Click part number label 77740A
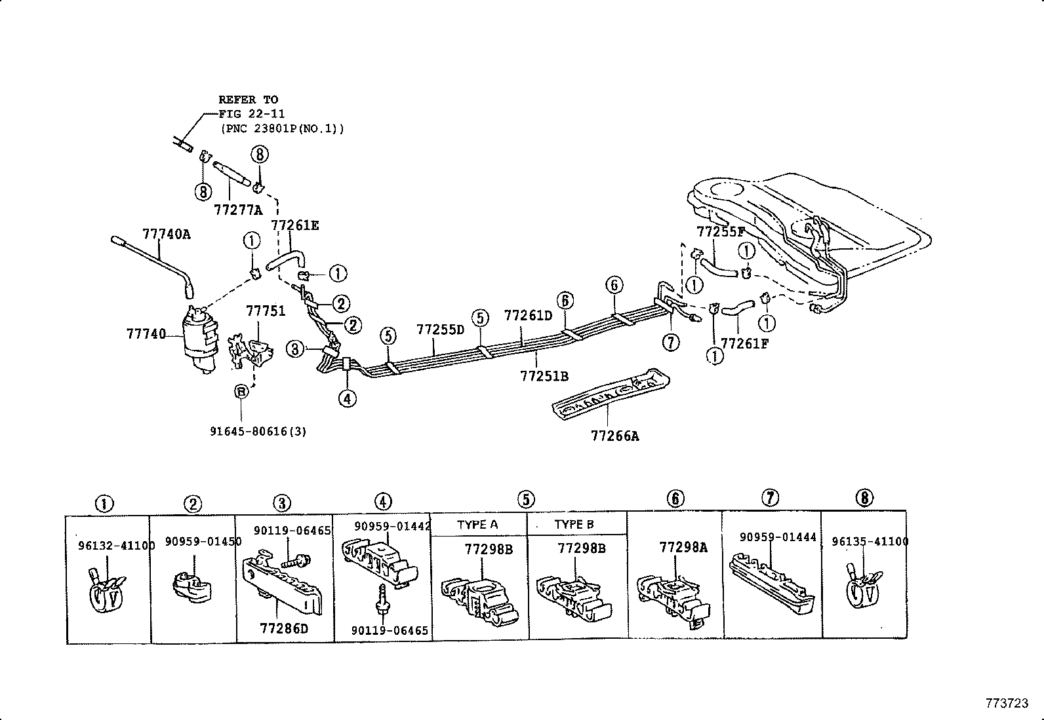click(x=167, y=234)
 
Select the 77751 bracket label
click(x=266, y=311)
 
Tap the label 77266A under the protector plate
click(x=614, y=435)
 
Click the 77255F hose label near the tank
click(x=721, y=231)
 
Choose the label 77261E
click(x=295, y=225)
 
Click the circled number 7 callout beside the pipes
click(x=670, y=342)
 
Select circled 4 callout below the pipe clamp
click(x=348, y=398)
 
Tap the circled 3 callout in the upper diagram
click(x=296, y=349)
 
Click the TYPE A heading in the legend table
click(x=477, y=524)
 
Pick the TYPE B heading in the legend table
click(x=574, y=524)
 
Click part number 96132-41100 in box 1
click(x=108, y=545)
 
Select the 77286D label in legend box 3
click(x=283, y=629)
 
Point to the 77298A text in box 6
click(x=683, y=548)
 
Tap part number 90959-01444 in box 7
click(x=778, y=537)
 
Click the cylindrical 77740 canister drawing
click(x=199, y=341)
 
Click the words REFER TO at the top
click(x=248, y=100)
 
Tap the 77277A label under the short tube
click(x=237, y=210)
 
